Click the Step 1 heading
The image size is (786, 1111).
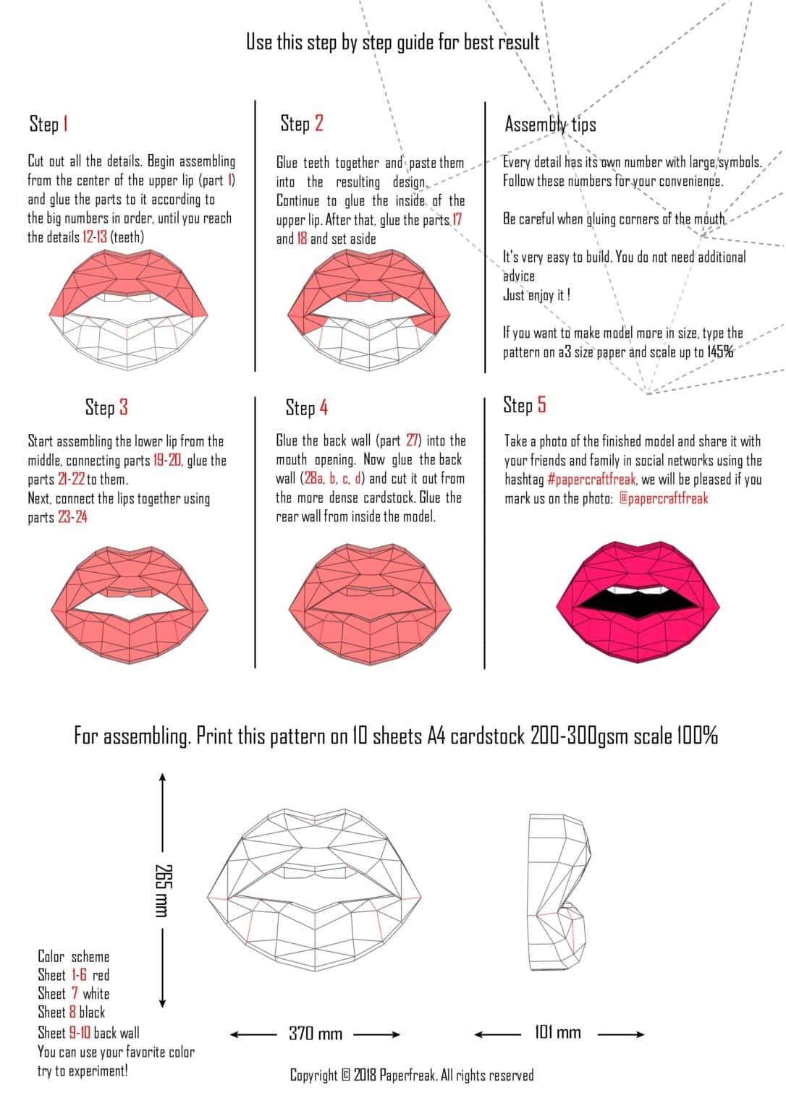48,124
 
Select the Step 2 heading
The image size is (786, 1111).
302,124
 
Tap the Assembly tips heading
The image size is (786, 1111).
550,124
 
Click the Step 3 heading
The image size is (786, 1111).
106,407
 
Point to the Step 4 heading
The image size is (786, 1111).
306,408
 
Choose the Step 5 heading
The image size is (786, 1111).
525,405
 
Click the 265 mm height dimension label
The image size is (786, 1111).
162,890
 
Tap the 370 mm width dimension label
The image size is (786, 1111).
315,1034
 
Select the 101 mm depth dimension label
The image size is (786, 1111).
557,1032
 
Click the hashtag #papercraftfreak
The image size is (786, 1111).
592,480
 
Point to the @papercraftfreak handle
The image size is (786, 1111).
663,498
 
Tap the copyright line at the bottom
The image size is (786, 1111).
411,1076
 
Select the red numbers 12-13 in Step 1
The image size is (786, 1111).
95,237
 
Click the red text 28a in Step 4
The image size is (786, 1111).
313,479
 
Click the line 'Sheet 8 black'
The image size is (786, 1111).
72,1013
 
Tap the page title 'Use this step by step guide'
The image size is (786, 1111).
392,42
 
